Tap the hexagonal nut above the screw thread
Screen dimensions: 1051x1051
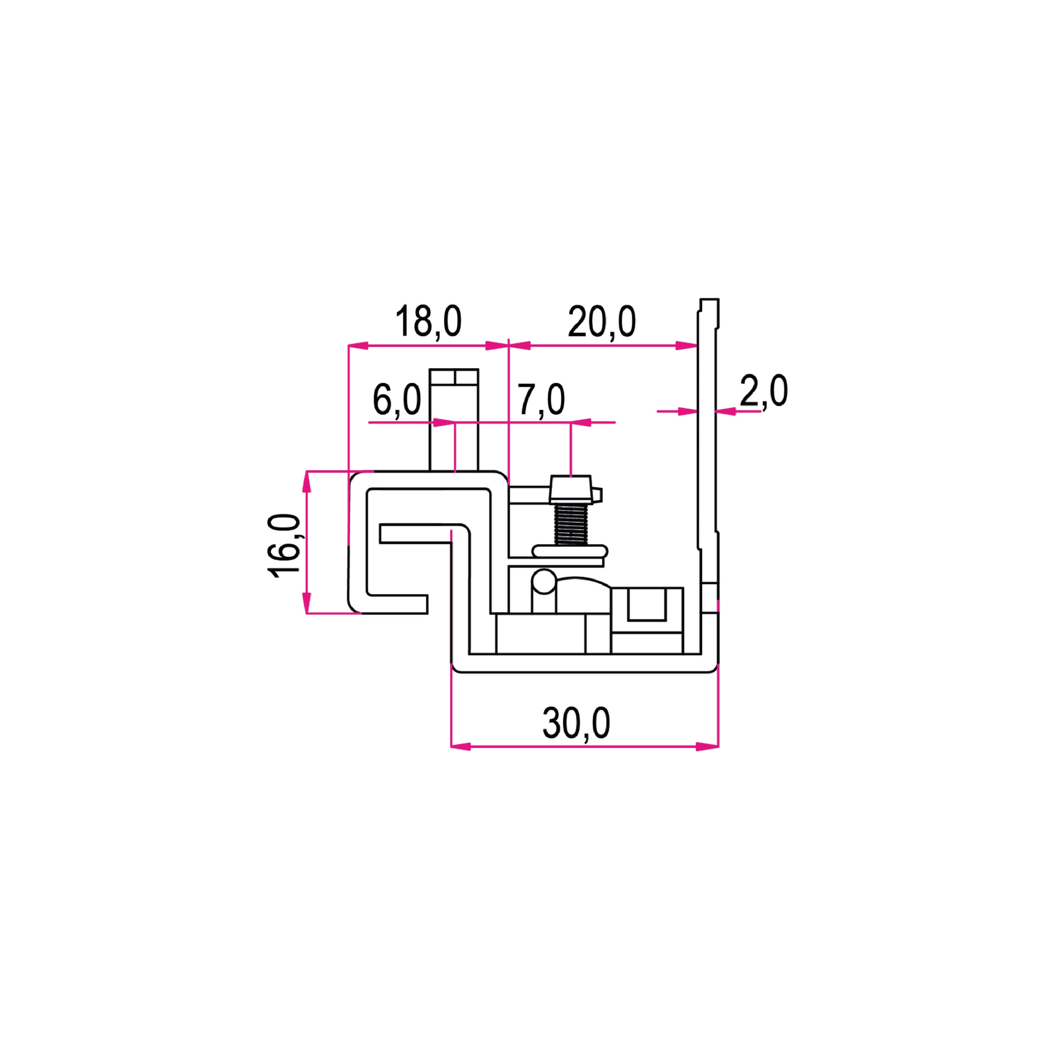click(570, 489)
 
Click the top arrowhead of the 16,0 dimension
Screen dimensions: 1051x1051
click(307, 481)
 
